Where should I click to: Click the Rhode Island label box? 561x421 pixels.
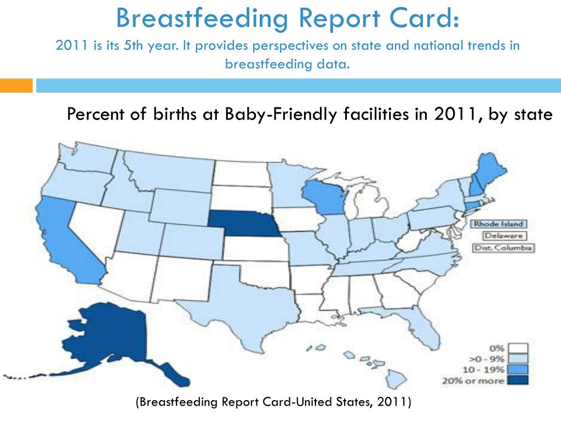click(499, 224)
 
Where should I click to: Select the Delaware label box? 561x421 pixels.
click(503, 236)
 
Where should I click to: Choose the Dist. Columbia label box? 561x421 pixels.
click(503, 247)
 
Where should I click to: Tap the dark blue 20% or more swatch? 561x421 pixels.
click(517, 380)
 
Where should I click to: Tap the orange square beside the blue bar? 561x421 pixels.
click(16, 86)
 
